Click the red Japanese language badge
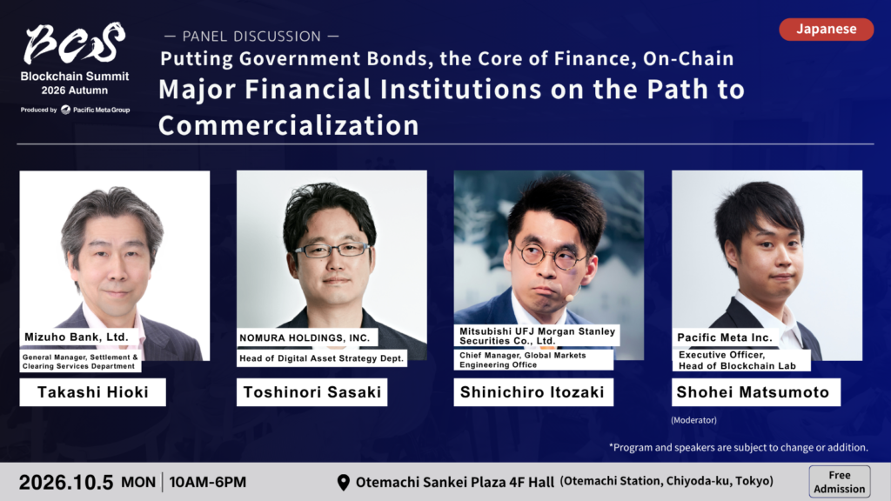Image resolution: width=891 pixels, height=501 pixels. (x=827, y=30)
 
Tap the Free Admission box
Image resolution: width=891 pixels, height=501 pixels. (x=840, y=482)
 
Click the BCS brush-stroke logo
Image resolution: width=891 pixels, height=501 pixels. (x=75, y=43)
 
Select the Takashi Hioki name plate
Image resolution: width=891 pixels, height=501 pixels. (x=92, y=392)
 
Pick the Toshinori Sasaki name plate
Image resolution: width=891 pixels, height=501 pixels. (x=312, y=392)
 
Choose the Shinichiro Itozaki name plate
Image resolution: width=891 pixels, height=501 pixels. (x=533, y=392)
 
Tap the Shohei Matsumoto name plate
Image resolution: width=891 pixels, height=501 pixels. (x=756, y=392)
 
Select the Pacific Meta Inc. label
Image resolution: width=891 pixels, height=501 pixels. (x=725, y=337)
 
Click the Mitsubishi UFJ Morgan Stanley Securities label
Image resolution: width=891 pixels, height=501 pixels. (x=536, y=336)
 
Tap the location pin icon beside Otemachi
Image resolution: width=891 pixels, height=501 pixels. (x=343, y=482)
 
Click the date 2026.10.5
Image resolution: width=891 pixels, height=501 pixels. (x=66, y=482)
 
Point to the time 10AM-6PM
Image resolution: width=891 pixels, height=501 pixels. (x=207, y=482)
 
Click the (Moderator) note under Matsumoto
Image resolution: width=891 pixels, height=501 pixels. (x=693, y=420)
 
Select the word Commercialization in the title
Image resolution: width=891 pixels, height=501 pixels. (x=289, y=125)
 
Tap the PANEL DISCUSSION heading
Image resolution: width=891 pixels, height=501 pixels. (x=251, y=37)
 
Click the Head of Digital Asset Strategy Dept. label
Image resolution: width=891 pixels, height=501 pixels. (x=322, y=358)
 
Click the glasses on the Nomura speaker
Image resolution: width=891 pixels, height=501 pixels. (x=332, y=250)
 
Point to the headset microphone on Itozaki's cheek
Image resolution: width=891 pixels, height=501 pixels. (x=569, y=297)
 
